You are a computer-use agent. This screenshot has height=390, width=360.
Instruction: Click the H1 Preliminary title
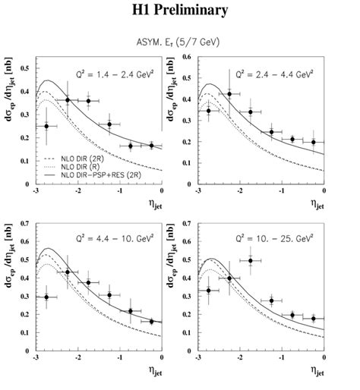[x=180, y=10]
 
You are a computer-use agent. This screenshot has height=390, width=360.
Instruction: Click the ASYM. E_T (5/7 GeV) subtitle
[x=179, y=42]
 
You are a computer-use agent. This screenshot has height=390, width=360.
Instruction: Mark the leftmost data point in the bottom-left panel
[x=46, y=297]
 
